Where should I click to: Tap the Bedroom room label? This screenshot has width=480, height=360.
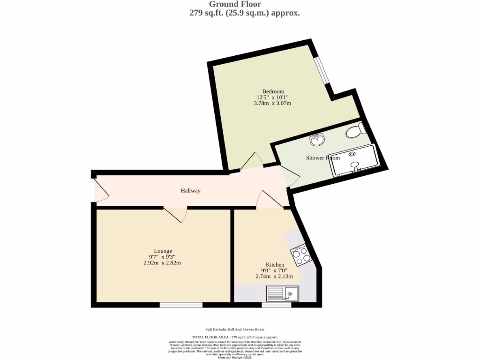point(273,91)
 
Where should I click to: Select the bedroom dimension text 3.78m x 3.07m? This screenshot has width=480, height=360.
point(272,103)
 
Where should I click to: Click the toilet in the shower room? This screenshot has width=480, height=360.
point(355,131)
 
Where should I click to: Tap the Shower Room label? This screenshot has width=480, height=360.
point(322,158)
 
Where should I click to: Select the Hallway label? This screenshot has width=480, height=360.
point(191,191)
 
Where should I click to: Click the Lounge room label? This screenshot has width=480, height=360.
point(163,251)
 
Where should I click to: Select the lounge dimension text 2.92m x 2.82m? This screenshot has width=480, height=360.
point(162,263)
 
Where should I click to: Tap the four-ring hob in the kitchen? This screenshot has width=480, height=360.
point(300,255)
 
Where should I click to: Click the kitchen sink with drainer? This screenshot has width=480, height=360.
point(283,294)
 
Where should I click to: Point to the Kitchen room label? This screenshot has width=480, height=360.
point(275,265)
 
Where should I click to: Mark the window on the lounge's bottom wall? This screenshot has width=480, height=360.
point(181,305)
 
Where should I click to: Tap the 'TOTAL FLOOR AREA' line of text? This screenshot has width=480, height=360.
point(235,337)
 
